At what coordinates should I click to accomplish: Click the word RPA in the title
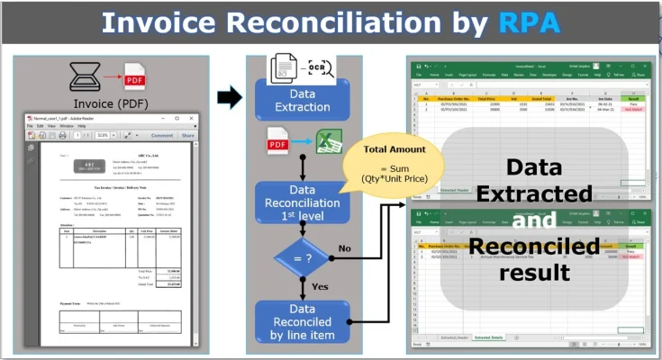(x=530, y=23)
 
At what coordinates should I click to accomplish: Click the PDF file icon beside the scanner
(x=134, y=77)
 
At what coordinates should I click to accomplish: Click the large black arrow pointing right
(x=230, y=98)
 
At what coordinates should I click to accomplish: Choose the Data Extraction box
(x=303, y=101)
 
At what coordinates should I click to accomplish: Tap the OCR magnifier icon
(x=322, y=68)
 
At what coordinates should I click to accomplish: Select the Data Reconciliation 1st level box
(x=303, y=202)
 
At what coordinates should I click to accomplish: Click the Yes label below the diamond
(x=320, y=287)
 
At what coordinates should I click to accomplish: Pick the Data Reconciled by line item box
(x=303, y=322)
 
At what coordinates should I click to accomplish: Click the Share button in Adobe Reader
(x=187, y=136)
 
